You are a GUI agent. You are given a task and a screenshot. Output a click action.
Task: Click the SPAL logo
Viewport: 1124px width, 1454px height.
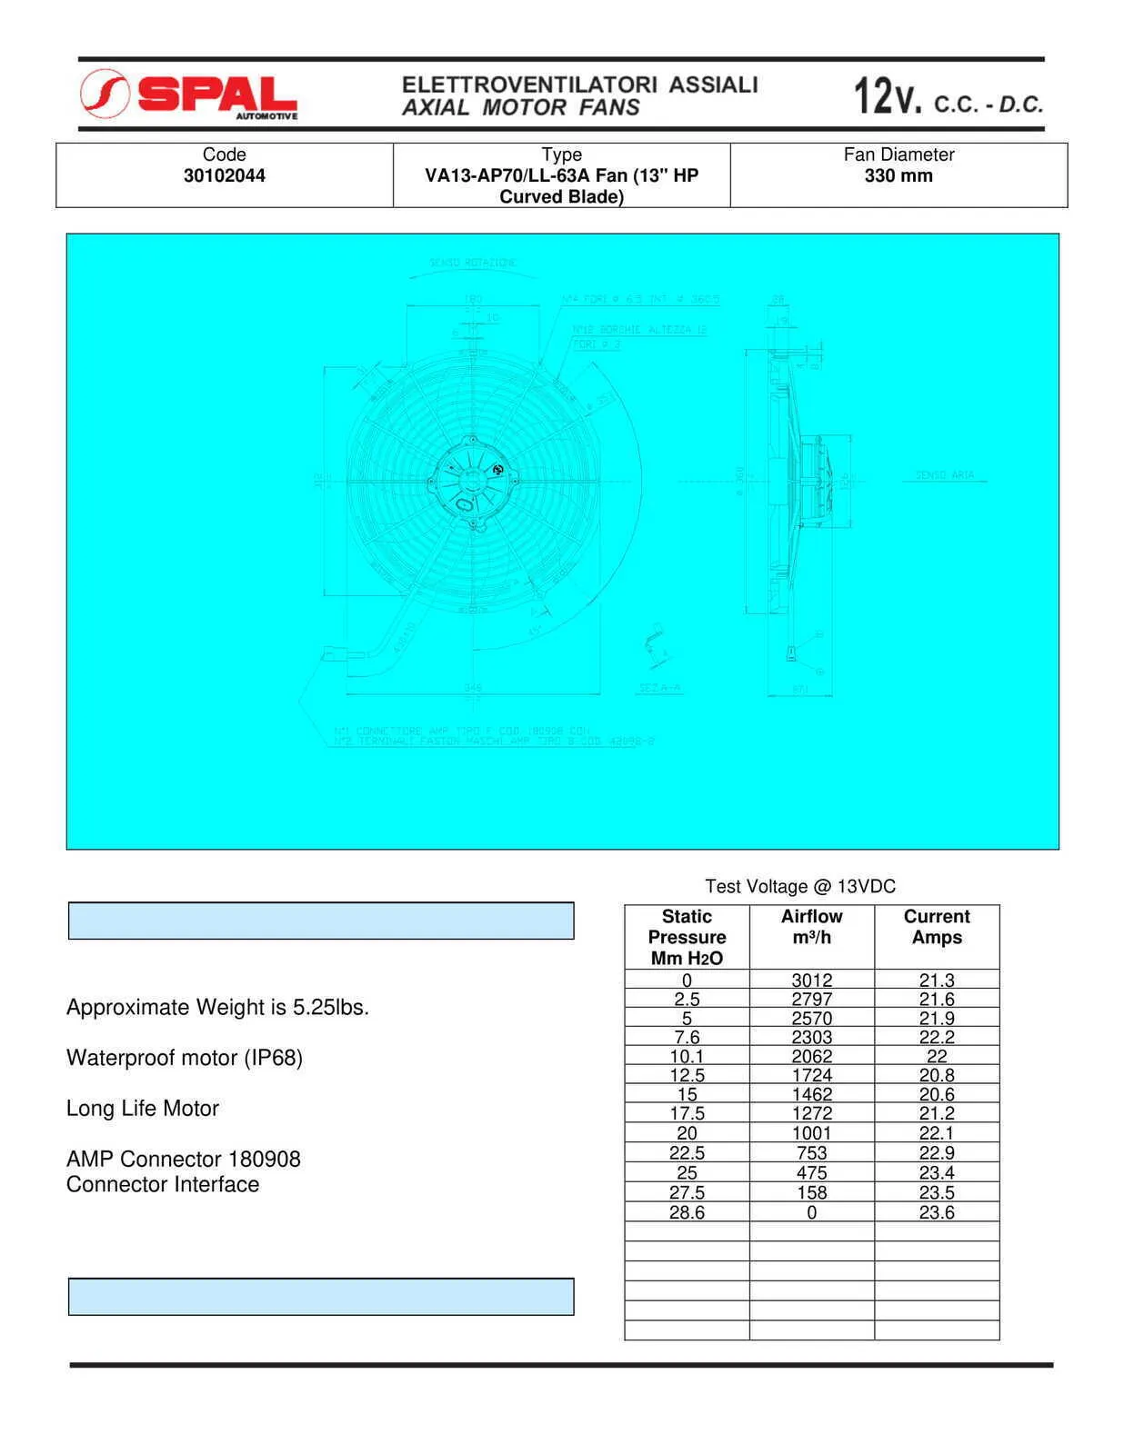tap(189, 95)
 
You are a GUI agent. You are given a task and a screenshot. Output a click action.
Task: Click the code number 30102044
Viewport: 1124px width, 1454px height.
tap(224, 175)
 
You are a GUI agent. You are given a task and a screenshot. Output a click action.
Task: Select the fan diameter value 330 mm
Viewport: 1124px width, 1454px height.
tap(898, 175)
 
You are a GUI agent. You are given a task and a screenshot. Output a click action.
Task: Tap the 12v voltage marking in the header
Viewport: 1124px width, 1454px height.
tap(887, 96)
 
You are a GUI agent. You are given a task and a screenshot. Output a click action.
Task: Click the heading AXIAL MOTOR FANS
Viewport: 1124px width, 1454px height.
tap(521, 107)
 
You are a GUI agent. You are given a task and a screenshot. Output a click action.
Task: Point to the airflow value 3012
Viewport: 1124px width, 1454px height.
tap(811, 981)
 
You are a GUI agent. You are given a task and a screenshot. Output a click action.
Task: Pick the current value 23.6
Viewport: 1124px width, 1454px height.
tap(937, 1212)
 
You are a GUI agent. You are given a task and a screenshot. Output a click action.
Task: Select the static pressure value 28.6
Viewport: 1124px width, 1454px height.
tap(687, 1212)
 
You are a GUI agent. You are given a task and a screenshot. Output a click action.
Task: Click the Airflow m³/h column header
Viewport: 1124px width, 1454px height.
tap(811, 927)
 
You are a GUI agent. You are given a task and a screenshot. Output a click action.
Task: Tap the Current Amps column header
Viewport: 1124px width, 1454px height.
tap(937, 927)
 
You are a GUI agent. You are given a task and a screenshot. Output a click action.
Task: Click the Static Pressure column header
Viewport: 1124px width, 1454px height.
tap(687, 937)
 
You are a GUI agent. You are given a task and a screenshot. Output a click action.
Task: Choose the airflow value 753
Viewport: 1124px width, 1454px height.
tap(811, 1152)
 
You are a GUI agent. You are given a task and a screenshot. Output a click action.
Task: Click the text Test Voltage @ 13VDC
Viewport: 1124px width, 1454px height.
tap(800, 886)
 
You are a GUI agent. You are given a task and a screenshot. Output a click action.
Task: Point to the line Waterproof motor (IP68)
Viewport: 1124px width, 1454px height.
tap(185, 1058)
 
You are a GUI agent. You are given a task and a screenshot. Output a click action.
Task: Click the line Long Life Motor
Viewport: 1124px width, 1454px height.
tap(143, 1109)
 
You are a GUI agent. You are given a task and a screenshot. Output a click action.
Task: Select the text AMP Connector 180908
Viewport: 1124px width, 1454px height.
tap(183, 1159)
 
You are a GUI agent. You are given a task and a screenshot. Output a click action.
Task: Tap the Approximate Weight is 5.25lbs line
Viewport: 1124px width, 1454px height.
tap(217, 1007)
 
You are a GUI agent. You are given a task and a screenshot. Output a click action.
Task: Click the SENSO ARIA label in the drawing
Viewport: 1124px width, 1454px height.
tap(945, 475)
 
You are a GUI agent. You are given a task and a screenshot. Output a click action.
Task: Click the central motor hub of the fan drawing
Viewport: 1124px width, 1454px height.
tap(473, 480)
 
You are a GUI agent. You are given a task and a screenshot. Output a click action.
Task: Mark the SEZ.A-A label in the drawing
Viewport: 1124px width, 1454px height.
tap(659, 688)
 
